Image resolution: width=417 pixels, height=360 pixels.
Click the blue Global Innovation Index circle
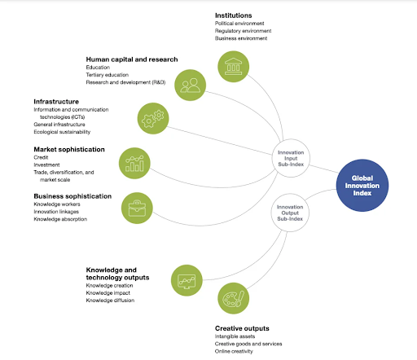(x=362, y=186)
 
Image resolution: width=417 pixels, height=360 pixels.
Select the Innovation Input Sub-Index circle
(x=291, y=158)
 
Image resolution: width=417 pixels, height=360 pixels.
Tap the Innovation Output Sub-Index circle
(x=290, y=213)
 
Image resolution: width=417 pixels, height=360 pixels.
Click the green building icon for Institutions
(x=233, y=67)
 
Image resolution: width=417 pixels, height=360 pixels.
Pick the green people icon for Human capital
(x=190, y=85)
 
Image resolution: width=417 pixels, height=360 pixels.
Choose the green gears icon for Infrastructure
(x=153, y=118)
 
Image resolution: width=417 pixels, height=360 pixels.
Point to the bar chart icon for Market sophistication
(x=134, y=163)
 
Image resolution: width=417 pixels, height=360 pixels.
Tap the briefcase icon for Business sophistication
(x=137, y=209)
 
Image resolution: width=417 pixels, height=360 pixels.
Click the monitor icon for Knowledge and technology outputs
(x=187, y=280)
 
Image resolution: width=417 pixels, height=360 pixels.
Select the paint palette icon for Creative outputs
(x=233, y=298)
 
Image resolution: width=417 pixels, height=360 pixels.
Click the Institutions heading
(x=233, y=15)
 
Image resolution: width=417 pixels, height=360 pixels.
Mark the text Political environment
(x=239, y=24)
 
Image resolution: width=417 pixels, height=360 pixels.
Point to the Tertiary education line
(x=108, y=75)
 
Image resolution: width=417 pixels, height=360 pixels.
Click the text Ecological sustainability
(x=62, y=132)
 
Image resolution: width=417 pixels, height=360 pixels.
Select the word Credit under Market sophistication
(x=41, y=157)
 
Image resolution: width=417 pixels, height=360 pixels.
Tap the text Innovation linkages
(x=56, y=212)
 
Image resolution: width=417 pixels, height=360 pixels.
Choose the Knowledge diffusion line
(x=110, y=301)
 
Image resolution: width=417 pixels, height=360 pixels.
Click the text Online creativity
(x=234, y=351)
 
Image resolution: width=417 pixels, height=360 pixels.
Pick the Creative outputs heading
(x=242, y=328)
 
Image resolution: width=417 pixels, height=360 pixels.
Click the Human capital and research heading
(x=132, y=59)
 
